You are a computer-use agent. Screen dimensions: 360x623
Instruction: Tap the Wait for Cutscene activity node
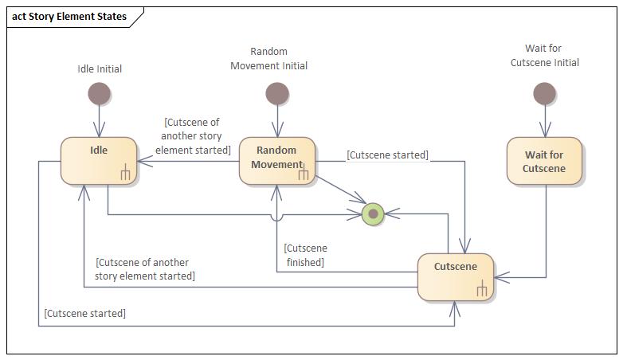point(544,161)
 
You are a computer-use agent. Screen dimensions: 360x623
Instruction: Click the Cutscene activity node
point(456,276)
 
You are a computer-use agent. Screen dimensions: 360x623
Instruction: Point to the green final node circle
point(372,213)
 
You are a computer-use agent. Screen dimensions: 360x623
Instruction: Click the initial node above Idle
point(99,94)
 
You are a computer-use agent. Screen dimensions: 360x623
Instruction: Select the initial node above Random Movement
point(276,94)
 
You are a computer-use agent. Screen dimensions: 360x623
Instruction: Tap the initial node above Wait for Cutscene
point(544,94)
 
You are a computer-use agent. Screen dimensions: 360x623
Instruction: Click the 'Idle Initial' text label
point(100,68)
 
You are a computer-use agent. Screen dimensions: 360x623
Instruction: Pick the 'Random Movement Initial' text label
point(268,59)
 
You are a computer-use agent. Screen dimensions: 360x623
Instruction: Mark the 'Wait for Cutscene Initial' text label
point(544,56)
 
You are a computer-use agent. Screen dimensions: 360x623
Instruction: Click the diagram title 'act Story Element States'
point(69,16)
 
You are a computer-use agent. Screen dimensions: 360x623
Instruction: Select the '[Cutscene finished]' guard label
point(305,255)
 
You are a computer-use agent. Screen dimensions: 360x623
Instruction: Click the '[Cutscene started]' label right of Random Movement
point(387,155)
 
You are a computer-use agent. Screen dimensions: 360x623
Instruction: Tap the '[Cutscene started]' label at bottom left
point(85,313)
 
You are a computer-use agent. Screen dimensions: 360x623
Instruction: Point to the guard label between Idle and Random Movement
point(193,136)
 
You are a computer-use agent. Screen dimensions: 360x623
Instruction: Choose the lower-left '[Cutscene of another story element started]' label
point(144,269)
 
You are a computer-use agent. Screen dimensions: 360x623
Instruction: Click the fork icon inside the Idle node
point(125,172)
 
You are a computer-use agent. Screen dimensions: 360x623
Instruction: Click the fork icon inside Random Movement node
point(304,172)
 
